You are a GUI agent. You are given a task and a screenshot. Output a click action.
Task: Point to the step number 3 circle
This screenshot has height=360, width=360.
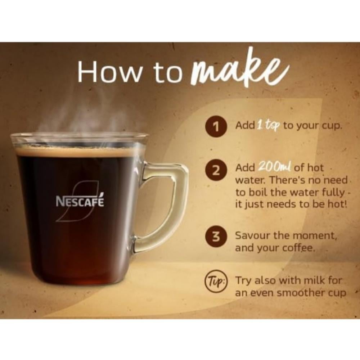coord(216,237)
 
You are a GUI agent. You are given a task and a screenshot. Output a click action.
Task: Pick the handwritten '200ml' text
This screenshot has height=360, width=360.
coord(275,167)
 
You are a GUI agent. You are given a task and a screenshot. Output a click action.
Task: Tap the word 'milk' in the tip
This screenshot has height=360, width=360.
coord(312,280)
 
